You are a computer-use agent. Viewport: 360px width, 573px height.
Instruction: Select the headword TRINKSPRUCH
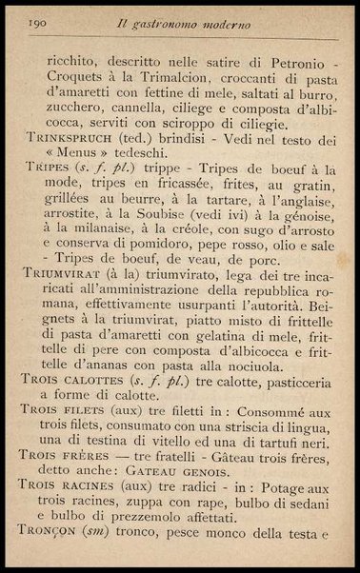coord(66,137)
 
